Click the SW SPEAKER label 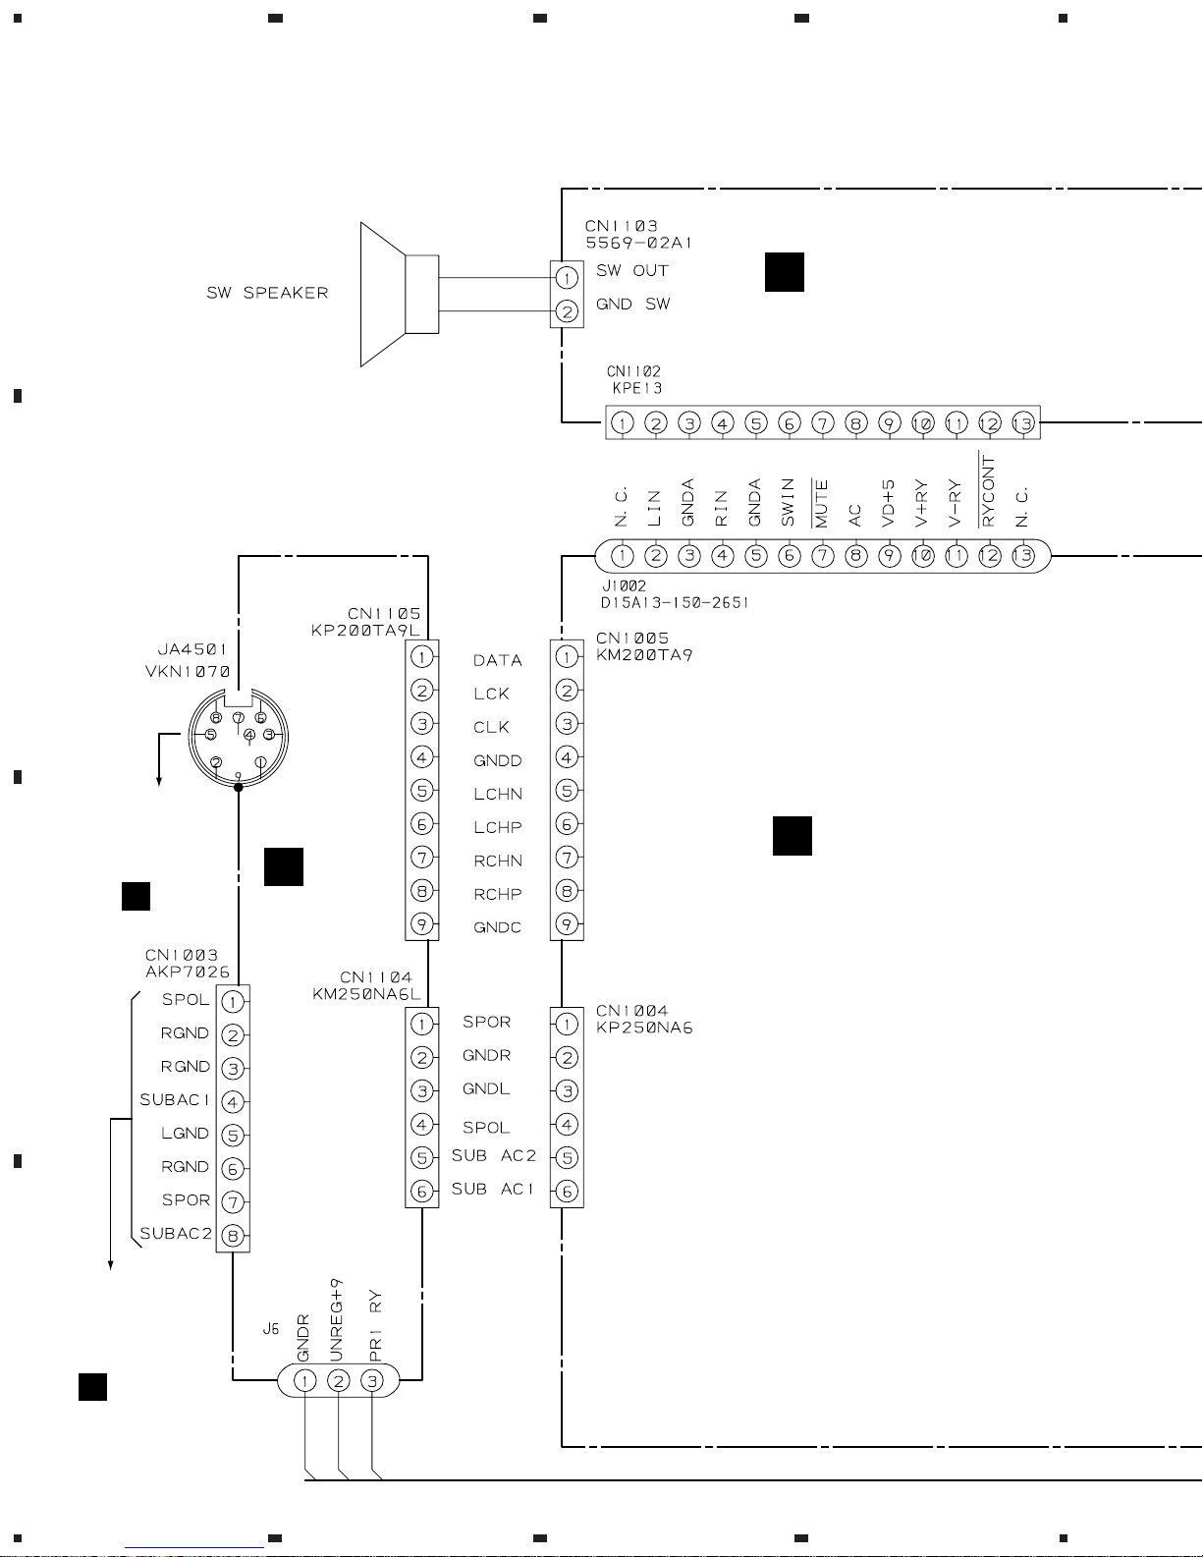[267, 293]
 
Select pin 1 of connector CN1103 [567, 277]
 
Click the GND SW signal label [633, 304]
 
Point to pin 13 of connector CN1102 [1022, 423]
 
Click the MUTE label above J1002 [821, 503]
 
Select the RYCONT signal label [988, 490]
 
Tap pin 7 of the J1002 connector [823, 556]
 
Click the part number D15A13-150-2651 [675, 602]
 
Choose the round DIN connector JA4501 [239, 738]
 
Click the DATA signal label [497, 661]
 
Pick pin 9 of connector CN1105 [421, 924]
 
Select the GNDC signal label [497, 928]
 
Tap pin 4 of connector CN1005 [567, 757]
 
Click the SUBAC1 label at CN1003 [175, 1100]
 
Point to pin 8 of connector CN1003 [233, 1236]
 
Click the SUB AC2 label [493, 1156]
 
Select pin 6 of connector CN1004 [567, 1192]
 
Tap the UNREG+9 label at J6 [336, 1320]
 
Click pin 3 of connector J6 [371, 1381]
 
